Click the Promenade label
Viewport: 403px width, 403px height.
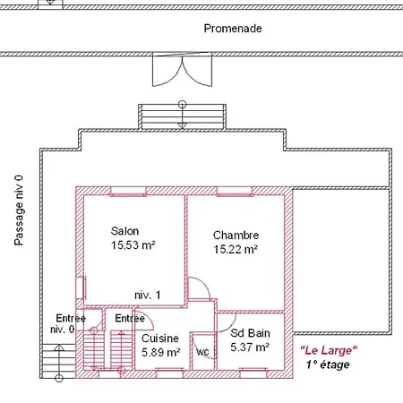point(233,29)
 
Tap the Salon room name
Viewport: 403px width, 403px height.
point(124,231)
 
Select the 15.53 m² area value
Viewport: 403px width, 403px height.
point(133,245)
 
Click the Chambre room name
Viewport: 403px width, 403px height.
point(236,236)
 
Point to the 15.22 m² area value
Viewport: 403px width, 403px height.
point(236,249)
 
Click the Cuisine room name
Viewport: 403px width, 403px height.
point(160,339)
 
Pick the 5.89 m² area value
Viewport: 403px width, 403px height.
point(161,353)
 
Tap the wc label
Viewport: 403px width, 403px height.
point(202,352)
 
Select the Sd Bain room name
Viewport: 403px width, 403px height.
point(250,333)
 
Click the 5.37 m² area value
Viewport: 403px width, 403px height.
point(250,347)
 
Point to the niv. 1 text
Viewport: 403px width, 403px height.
point(148,296)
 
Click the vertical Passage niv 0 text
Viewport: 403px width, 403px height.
point(19,210)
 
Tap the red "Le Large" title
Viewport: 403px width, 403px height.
point(329,350)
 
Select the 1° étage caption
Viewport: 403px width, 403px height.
point(328,364)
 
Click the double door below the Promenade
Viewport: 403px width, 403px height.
point(182,70)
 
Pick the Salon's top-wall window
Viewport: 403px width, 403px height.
point(128,192)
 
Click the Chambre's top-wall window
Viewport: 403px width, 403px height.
point(235,192)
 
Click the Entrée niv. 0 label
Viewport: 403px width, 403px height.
point(68,323)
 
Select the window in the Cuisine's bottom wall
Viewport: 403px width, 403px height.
point(170,373)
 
